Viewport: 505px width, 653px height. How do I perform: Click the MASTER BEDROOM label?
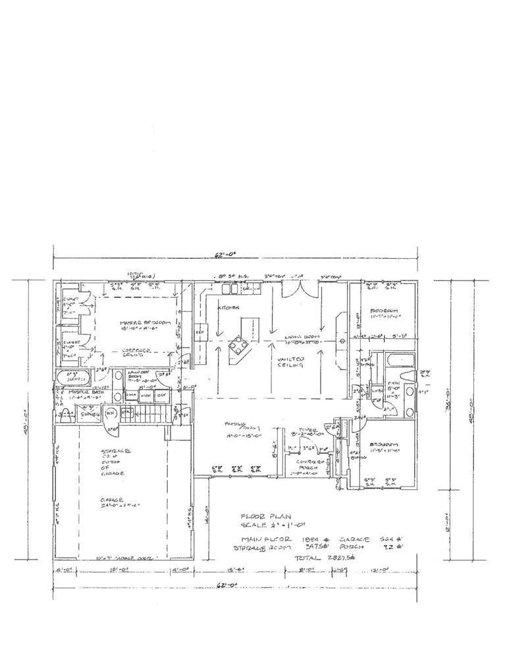[x=145, y=323]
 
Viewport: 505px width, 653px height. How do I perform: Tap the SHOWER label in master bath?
[x=88, y=415]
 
